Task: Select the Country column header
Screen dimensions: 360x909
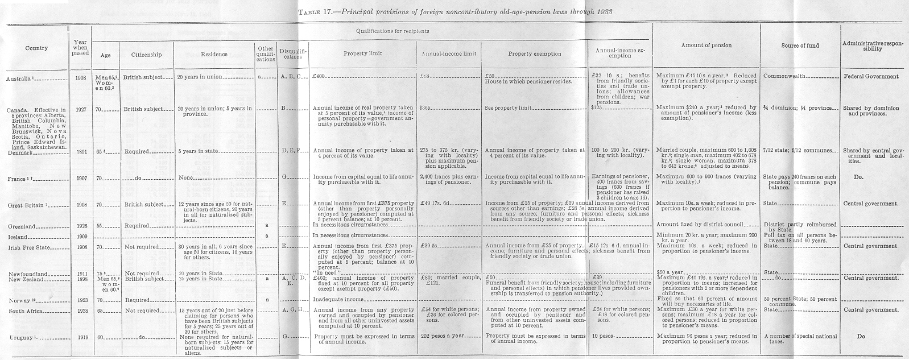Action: [x=36, y=48]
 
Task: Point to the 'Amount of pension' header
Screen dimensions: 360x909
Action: [x=706, y=45]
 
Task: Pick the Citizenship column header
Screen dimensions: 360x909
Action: [x=146, y=55]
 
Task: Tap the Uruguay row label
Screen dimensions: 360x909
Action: [x=21, y=337]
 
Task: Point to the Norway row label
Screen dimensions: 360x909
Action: [x=19, y=300]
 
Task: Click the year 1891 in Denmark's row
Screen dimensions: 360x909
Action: [x=80, y=152]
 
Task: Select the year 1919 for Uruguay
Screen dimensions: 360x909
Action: [x=80, y=336]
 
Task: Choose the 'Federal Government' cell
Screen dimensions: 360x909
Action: [x=871, y=76]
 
